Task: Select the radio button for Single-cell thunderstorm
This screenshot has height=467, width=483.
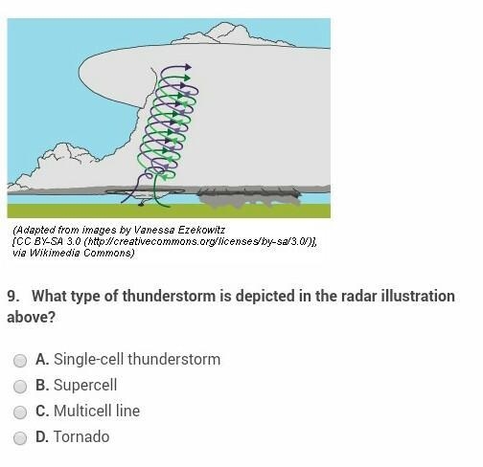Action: pyautogui.click(x=20, y=361)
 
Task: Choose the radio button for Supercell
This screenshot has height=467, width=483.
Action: pyautogui.click(x=20, y=387)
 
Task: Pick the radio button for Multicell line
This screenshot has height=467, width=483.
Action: pyautogui.click(x=20, y=412)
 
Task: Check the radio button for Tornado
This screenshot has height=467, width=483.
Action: pyautogui.click(x=20, y=438)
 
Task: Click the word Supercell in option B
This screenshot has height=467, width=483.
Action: pyautogui.click(x=85, y=386)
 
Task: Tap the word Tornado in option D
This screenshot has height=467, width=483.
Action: pyautogui.click(x=81, y=436)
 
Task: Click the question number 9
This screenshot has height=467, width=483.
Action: pyautogui.click(x=13, y=297)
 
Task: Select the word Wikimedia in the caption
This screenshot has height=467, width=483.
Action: pyautogui.click(x=55, y=253)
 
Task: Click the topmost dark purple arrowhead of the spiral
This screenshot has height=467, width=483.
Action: pyautogui.click(x=188, y=67)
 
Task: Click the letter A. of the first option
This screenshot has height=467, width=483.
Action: pyautogui.click(x=42, y=359)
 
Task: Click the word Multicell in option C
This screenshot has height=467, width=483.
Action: pyautogui.click(x=82, y=411)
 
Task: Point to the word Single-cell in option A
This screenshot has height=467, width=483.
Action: pyautogui.click(x=88, y=360)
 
